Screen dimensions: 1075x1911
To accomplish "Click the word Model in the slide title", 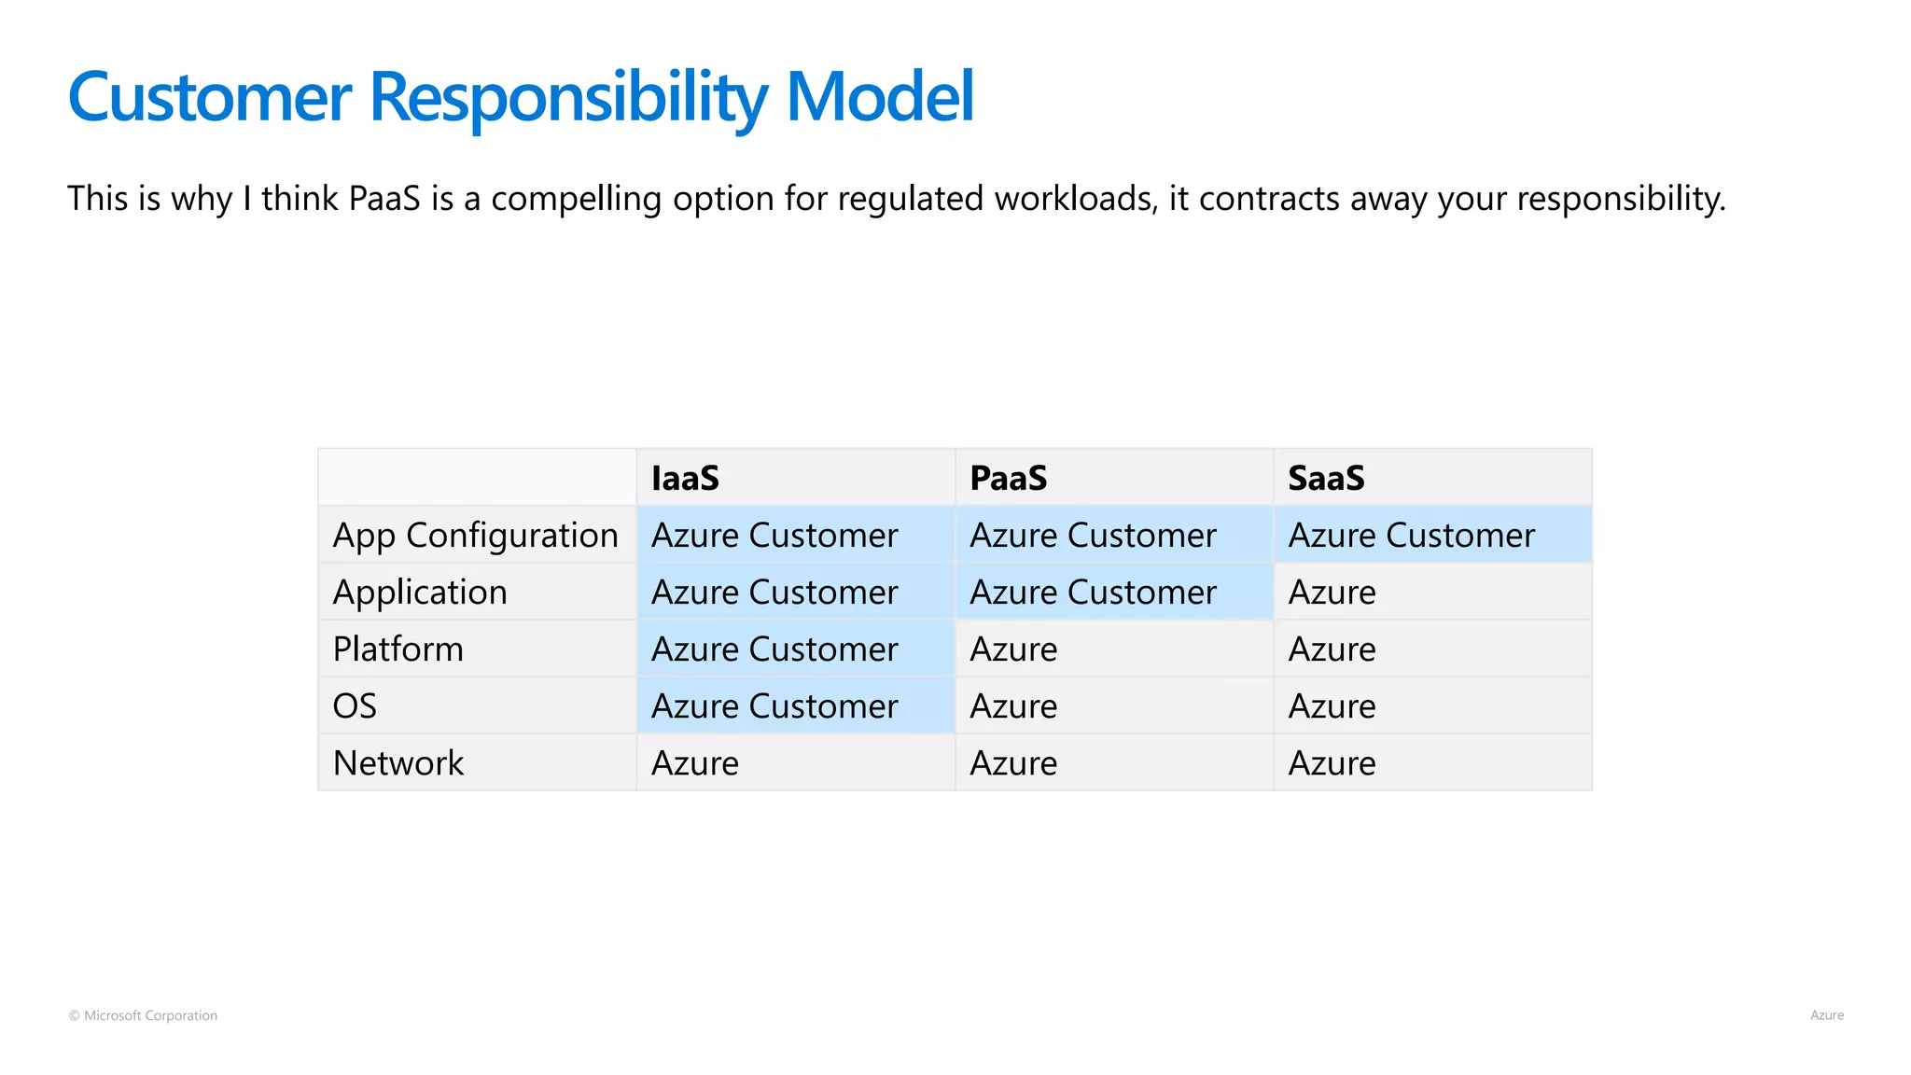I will pyautogui.click(x=879, y=96).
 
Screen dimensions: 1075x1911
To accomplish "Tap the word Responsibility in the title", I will pyautogui.click(x=569, y=98).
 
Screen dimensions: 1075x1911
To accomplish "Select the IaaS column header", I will pyautogui.click(x=685, y=478).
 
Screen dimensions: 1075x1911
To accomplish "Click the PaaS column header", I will pyautogui.click(x=1008, y=478).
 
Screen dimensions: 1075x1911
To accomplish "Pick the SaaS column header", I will pyautogui.click(x=1326, y=478).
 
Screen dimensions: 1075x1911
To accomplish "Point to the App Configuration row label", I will pyautogui.click(x=475, y=536).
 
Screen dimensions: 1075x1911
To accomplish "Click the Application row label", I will pyautogui.click(x=420, y=593).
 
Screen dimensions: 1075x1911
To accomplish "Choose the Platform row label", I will pyautogui.click(x=398, y=649).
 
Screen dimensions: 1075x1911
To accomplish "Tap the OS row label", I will pyautogui.click(x=355, y=706).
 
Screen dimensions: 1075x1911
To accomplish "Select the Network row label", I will pyautogui.click(x=398, y=763).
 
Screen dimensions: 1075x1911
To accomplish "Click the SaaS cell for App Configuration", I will pyautogui.click(x=1411, y=536).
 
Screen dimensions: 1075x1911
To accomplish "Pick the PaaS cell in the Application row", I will pyautogui.click(x=1093, y=593).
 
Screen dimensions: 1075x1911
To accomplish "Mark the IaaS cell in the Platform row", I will pyautogui.click(x=774, y=649).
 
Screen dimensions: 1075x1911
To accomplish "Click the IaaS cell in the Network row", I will pyautogui.click(x=695, y=763).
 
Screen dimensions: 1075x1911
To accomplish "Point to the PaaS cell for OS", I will pyautogui.click(x=1013, y=706).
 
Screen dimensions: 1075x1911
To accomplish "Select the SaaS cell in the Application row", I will pyautogui.click(x=1332, y=593).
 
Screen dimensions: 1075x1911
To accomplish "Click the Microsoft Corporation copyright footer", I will pyautogui.click(x=143, y=1015).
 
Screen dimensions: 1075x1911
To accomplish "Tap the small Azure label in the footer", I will pyautogui.click(x=1826, y=1015).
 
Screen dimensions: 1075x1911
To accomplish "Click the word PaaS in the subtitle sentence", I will pyautogui.click(x=384, y=199).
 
